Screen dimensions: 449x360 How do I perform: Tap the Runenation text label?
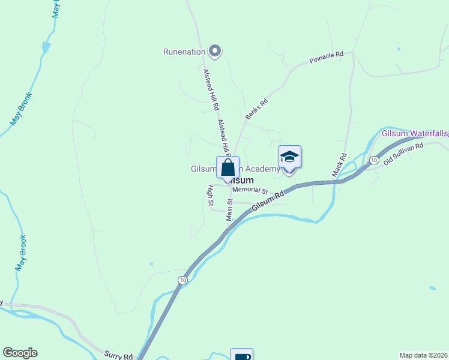tap(184, 52)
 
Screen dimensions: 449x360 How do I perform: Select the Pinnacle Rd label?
tap(326, 58)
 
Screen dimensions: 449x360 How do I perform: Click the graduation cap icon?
tap(290, 157)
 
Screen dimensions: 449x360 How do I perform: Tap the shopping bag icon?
tap(228, 167)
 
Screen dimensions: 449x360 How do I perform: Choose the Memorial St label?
tap(249, 190)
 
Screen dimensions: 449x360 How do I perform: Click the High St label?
tap(211, 196)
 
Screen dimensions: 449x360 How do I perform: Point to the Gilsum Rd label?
tap(267, 198)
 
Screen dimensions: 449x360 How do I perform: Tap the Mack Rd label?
tap(340, 165)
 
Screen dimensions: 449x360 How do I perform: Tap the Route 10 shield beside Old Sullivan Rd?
tap(374, 160)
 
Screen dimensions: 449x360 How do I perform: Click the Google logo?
tap(20, 353)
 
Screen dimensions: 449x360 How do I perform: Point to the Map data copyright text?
tap(424, 355)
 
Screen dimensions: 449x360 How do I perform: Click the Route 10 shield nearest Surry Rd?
tap(182, 280)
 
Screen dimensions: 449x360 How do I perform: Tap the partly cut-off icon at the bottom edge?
tap(242, 355)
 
